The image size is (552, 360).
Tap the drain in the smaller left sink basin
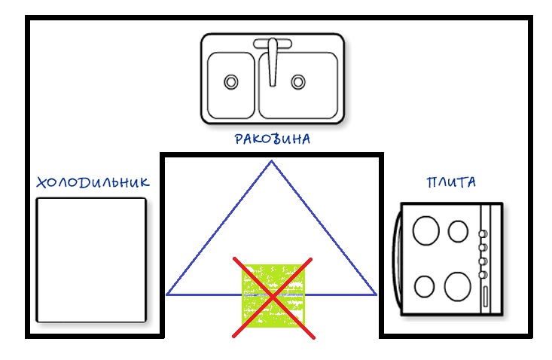tap(230, 81)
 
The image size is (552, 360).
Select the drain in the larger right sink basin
tap(298, 81)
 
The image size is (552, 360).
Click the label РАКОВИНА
tap(272, 139)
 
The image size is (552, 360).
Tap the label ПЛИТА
tap(451, 182)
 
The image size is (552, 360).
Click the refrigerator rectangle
tap(91, 260)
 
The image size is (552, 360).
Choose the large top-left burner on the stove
tap(427, 230)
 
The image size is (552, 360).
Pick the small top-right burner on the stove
tap(458, 230)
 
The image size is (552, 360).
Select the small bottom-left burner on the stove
tap(425, 286)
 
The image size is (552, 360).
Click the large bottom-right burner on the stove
tap(457, 286)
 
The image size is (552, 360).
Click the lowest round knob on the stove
tap(482, 274)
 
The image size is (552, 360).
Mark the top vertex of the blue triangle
tap(271, 161)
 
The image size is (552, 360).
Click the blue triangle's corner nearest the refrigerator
tap(166, 294)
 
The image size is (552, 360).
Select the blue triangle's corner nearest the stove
tap(376, 294)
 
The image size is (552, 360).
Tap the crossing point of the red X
tap(273, 297)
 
